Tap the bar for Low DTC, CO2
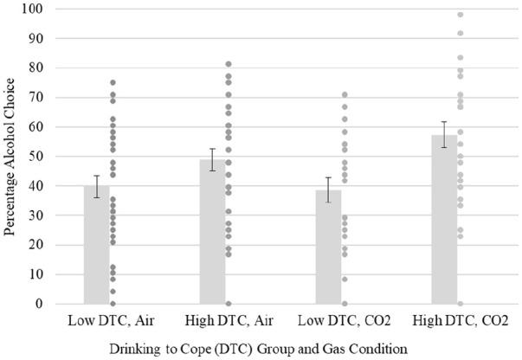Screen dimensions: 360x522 (328, 247)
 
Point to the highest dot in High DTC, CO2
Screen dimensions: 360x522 (460, 15)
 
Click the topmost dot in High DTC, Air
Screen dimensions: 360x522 (229, 64)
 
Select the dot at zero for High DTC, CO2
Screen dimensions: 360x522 (460, 304)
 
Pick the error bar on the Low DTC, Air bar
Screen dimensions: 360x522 (97, 186)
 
